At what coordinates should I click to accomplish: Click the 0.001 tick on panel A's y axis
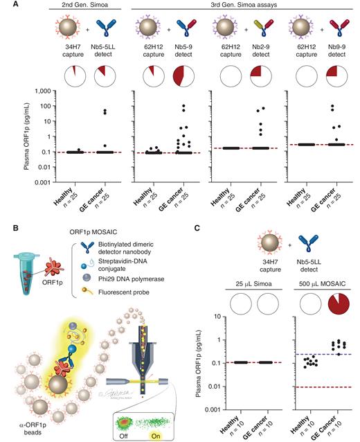point(44,182)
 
